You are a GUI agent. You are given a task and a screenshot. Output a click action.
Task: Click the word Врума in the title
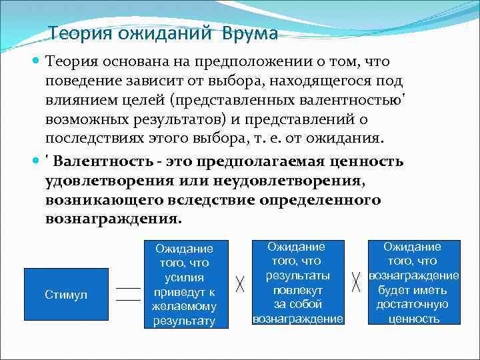click(248, 33)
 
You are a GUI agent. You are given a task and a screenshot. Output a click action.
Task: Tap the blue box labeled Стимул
click(66, 295)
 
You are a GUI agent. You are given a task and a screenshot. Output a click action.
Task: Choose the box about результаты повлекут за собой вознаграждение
click(298, 283)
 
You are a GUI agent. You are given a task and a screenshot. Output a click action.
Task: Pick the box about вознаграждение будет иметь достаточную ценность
click(413, 283)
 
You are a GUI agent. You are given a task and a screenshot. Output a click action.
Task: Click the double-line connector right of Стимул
click(128, 294)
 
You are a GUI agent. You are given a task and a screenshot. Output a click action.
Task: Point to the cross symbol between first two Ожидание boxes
click(240, 284)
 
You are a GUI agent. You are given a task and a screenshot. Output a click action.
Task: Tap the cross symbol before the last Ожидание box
click(356, 284)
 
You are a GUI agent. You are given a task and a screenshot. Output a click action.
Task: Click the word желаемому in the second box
click(185, 306)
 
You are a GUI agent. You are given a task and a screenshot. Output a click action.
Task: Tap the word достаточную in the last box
click(413, 304)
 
